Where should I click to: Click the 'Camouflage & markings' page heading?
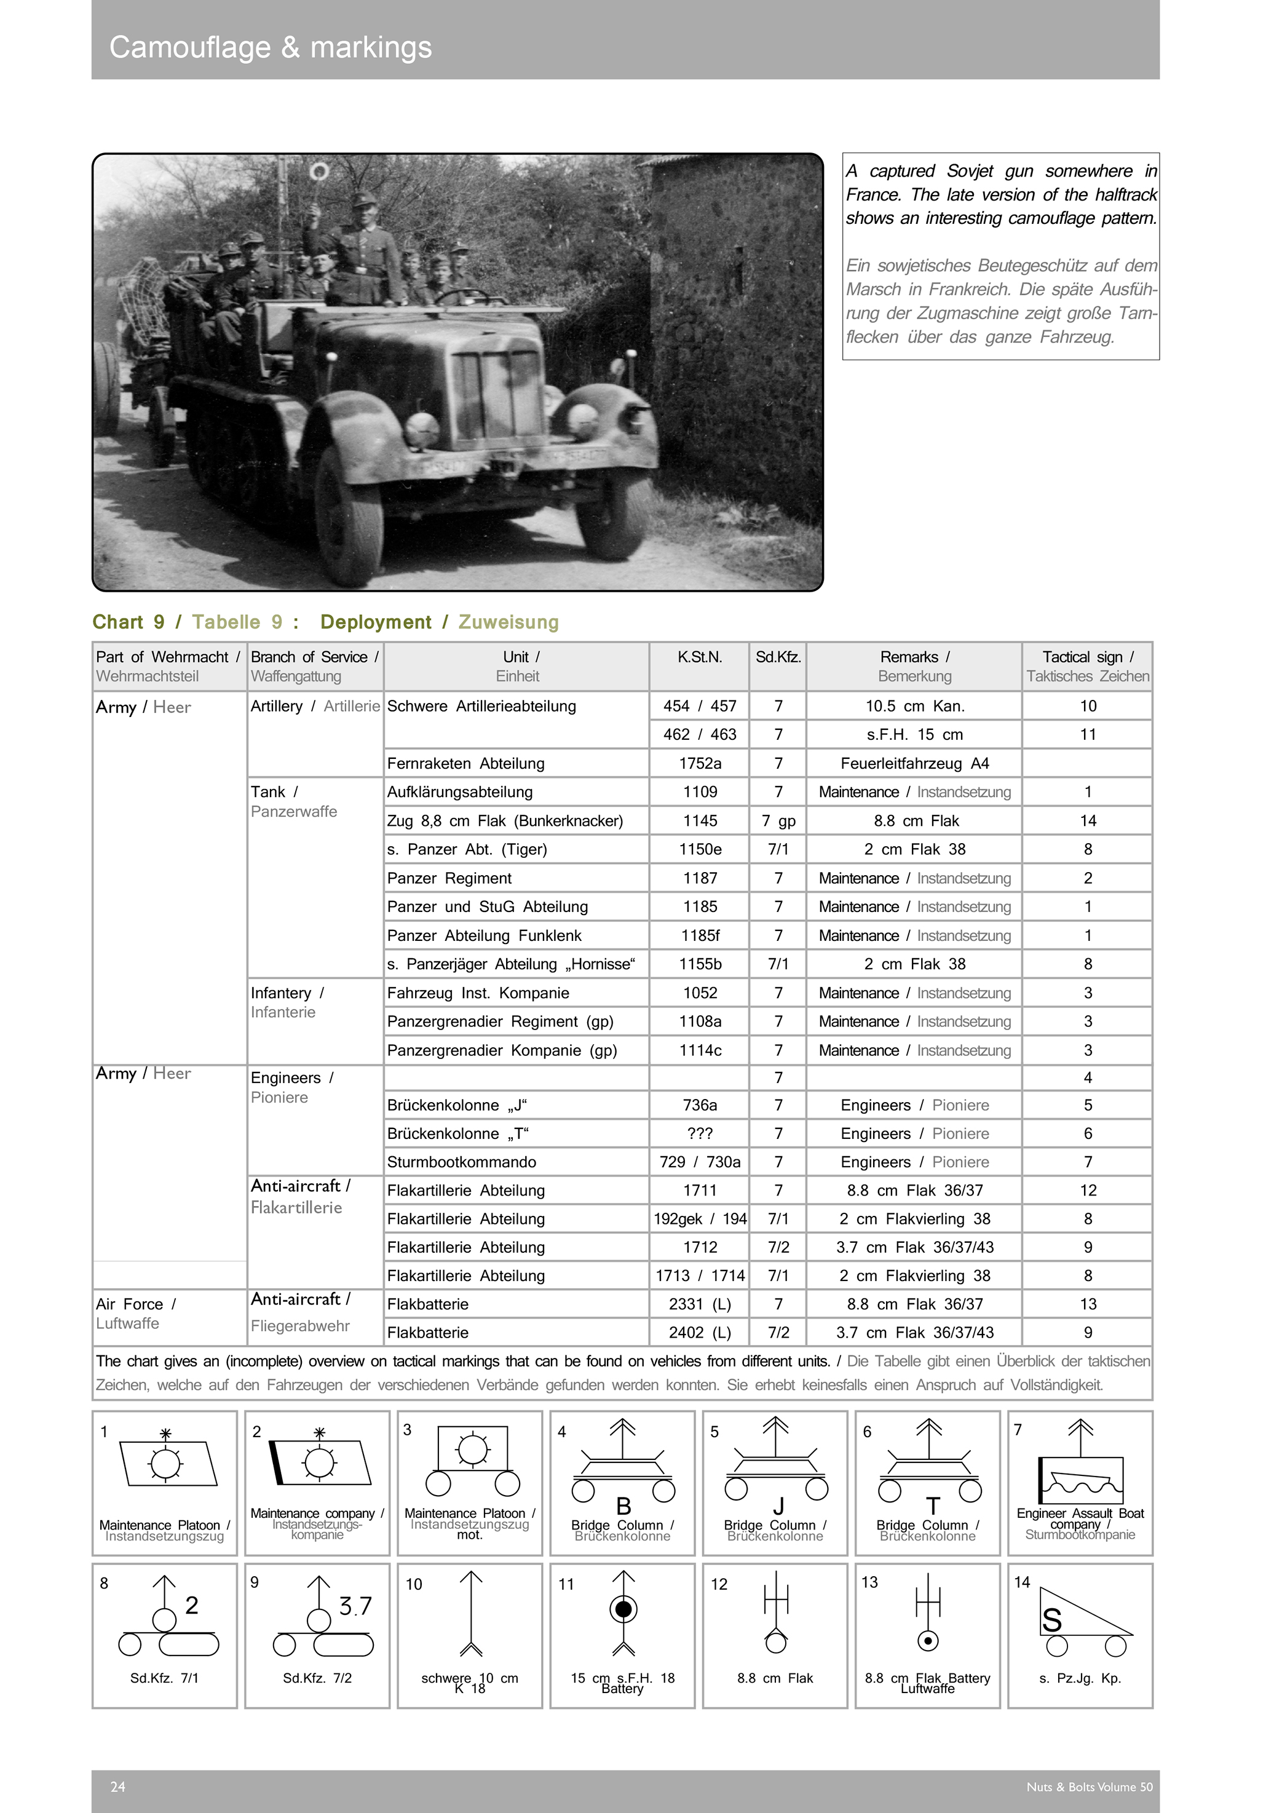click(270, 47)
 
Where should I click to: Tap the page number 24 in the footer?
click(117, 1787)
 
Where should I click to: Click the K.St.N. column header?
click(700, 657)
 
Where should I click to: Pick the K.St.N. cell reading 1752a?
click(700, 764)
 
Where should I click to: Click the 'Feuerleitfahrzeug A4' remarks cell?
click(914, 764)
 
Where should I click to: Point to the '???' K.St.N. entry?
click(700, 1134)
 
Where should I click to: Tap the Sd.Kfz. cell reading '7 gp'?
click(778, 821)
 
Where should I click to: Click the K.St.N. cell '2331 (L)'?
click(700, 1304)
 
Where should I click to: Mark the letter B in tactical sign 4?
click(623, 1507)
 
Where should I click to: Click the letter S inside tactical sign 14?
click(1051, 1621)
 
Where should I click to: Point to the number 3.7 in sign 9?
click(355, 1606)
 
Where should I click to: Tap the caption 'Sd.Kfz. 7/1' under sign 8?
click(164, 1678)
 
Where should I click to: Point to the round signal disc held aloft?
click(319, 172)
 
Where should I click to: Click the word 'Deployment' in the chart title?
click(376, 622)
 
